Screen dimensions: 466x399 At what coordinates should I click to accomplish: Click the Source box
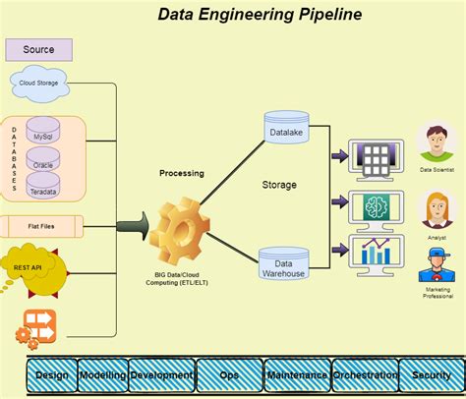[x=39, y=50]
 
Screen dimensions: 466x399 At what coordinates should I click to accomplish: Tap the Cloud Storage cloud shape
[x=39, y=84]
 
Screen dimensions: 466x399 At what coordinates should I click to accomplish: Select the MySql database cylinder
[x=43, y=130]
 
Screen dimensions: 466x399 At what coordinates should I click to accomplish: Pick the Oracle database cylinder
[x=43, y=159]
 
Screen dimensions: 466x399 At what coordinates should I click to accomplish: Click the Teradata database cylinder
[x=43, y=186]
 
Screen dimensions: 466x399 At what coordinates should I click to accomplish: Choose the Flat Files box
[x=41, y=226]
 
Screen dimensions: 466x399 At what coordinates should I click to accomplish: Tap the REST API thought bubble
[x=30, y=268]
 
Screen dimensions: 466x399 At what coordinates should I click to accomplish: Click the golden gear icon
[x=179, y=231]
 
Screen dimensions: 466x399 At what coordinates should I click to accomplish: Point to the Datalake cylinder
[x=286, y=127]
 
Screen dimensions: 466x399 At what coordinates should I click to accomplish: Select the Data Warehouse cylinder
[x=284, y=263]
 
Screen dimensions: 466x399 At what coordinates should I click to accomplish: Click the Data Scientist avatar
[x=437, y=143]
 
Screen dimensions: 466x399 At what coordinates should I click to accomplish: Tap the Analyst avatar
[x=437, y=210]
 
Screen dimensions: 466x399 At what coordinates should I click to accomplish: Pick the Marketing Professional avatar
[x=437, y=264]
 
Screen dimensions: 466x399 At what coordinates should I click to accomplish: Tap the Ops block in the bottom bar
[x=229, y=375]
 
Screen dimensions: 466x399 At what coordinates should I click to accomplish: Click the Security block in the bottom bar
[x=432, y=375]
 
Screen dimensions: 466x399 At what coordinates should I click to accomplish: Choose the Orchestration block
[x=365, y=375]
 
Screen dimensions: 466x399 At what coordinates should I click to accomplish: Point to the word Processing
[x=182, y=173]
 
